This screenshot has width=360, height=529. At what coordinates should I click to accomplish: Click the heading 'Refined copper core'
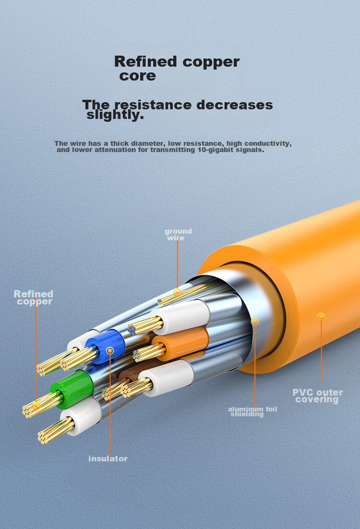tap(177, 68)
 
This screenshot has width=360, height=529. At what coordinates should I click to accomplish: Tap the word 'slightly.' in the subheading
tap(115, 115)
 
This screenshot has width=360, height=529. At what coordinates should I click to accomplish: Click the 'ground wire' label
tap(178, 235)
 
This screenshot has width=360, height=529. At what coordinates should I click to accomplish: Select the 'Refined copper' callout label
tap(34, 297)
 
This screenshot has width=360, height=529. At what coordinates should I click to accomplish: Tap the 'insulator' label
tap(108, 458)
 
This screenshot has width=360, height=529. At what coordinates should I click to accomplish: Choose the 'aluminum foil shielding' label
tap(252, 411)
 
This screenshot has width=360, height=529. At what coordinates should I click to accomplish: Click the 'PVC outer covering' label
tap(317, 396)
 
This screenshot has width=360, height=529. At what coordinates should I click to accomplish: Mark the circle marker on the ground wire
tap(178, 292)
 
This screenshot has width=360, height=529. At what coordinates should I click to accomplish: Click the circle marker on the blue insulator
tap(110, 351)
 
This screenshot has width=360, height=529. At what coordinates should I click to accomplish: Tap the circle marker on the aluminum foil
tap(255, 321)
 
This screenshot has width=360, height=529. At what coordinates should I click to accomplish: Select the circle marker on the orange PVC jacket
tap(321, 316)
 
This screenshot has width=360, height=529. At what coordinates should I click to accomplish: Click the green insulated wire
tap(72, 389)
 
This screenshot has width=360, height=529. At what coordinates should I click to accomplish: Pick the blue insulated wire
tap(106, 347)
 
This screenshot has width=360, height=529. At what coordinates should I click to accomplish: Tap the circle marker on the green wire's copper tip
tap(35, 405)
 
